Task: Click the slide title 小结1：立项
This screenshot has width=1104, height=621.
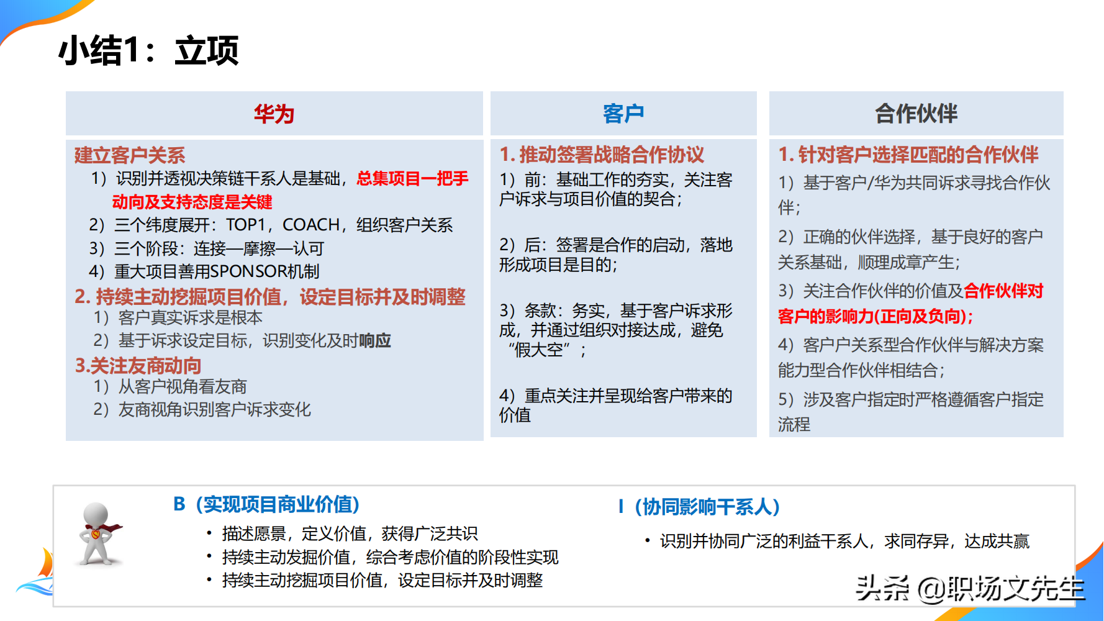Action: point(148,51)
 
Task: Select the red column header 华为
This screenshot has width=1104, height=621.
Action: point(274,114)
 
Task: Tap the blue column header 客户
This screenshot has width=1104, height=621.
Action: point(623,114)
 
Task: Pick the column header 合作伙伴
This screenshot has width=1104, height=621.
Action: point(916,114)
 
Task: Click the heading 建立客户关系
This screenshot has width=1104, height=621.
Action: point(130,155)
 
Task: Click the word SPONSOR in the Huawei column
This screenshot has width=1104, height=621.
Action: point(248,271)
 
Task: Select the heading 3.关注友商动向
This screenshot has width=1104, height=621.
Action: point(138,366)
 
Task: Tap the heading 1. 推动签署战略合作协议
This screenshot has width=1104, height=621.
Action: point(602,155)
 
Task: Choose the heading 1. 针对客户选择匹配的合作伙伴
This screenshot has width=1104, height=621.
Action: point(908,155)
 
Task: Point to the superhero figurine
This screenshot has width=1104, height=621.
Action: point(97,534)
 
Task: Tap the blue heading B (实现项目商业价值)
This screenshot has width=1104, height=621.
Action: point(266,504)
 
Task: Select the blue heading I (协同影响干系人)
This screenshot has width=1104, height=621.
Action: point(699,507)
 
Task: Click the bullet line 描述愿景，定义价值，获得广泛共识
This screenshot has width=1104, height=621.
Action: point(350,533)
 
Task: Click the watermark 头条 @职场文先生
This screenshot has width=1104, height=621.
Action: point(969,588)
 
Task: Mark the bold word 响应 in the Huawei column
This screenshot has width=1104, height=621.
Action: point(375,340)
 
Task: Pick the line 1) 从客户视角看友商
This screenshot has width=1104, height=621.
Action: point(170,387)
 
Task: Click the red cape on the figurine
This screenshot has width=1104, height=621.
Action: point(111,528)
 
